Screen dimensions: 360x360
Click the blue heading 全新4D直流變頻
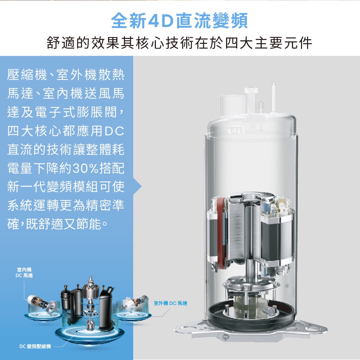pos(179,21)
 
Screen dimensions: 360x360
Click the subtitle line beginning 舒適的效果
pos(179,43)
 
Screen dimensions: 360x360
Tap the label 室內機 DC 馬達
pos(24,273)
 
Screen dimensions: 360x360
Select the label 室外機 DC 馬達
pos(170,303)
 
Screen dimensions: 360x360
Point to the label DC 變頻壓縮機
pos(35,346)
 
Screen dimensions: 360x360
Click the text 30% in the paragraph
pos(86,168)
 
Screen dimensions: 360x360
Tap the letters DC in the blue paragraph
pos(114,131)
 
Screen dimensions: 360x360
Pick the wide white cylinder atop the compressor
pos(233,106)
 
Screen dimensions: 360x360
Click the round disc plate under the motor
pos(251,284)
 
